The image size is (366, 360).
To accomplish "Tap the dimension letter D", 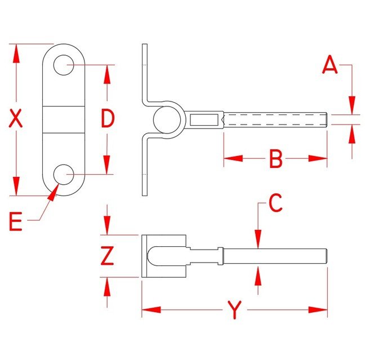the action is [x=108, y=118].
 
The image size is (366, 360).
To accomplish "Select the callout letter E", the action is [x=15, y=221].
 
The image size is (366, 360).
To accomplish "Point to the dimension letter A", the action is [x=330, y=65].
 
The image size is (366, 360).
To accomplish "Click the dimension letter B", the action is [x=276, y=159].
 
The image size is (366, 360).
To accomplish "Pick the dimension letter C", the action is [x=275, y=203].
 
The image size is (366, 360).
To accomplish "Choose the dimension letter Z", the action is [x=108, y=255].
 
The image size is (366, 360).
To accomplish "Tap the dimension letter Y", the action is [x=235, y=310].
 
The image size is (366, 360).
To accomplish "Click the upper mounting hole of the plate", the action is [x=64, y=65].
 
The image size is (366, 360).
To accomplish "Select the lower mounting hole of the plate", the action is [x=64, y=174].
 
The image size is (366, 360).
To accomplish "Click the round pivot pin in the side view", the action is [x=167, y=119].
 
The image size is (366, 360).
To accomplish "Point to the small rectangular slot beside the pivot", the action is [x=204, y=119].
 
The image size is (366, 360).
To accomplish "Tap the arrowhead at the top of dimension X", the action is [x=16, y=54].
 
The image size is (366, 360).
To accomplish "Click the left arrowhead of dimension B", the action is [x=233, y=158].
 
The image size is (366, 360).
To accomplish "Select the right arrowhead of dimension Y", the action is [x=318, y=310].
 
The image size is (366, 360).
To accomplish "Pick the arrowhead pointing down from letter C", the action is [x=258, y=239].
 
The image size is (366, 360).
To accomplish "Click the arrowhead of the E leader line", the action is [x=53, y=192].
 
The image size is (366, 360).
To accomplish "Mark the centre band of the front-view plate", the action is [x=64, y=119].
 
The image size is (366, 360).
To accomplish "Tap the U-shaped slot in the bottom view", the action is [x=167, y=256].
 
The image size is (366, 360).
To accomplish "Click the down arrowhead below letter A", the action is [x=352, y=105].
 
